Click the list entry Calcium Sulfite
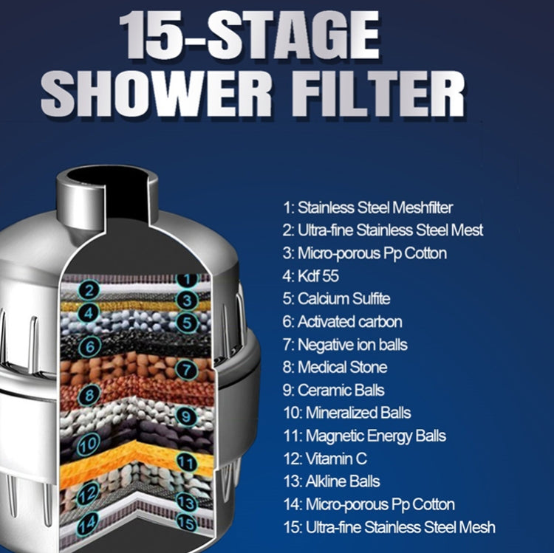click(343, 298)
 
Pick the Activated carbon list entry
click(350, 321)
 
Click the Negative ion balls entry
click(352, 344)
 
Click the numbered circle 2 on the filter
click(89, 290)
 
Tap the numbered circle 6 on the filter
click(89, 345)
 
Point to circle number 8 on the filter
click(89, 395)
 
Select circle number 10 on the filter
click(89, 444)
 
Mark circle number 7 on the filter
click(187, 369)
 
